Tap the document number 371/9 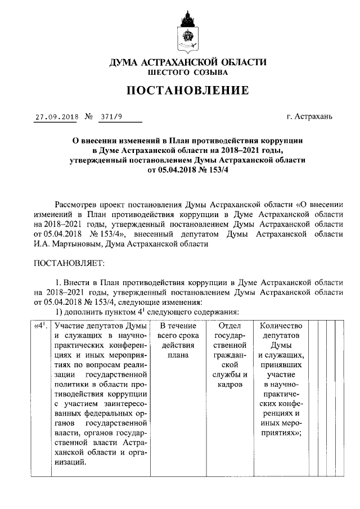click(x=109, y=118)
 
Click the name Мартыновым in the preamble click(x=69, y=244)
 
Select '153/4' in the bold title click(x=218, y=170)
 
